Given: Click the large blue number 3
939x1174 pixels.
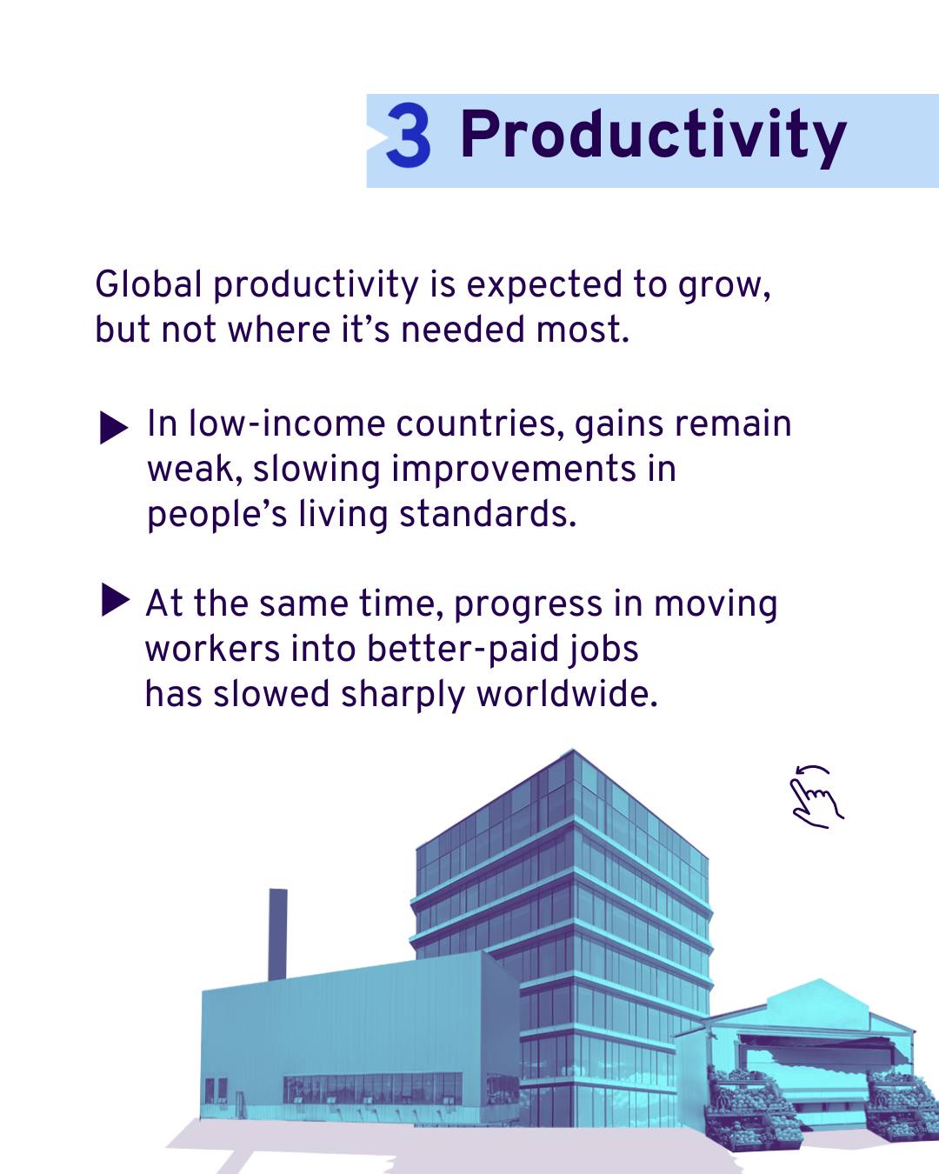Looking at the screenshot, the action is pos(409,136).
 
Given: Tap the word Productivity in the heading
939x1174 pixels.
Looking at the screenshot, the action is pos(653,137).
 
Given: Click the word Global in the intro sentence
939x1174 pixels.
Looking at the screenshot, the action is pos(149,284).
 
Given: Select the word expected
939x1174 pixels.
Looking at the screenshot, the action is pos(544,286).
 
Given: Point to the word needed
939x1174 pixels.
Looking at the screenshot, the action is pos(464,330).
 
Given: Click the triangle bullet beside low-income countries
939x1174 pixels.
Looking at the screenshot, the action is pos(114,428).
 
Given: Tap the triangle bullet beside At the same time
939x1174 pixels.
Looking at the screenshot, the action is pos(116,600).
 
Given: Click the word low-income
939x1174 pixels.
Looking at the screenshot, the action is pos(287,424).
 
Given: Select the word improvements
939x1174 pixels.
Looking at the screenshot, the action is pos(514,470).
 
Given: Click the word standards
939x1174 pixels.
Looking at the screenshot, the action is pos(487,514).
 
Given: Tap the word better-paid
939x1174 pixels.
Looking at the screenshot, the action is pos(463,650).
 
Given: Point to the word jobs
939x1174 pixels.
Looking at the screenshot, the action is pos(603,650).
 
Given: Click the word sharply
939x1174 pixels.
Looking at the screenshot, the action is pos(403,695).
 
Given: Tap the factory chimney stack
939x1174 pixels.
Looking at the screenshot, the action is pos(277,935).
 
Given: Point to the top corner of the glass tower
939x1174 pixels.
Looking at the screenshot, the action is pos(572,750).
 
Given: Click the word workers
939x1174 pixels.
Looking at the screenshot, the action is pos(213,650).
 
